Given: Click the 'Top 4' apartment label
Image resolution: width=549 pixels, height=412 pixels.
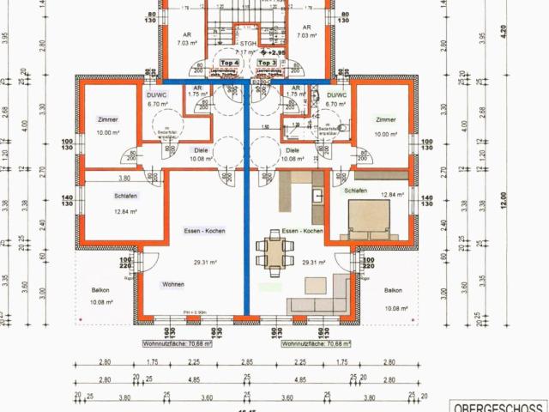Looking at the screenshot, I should pos(229,64).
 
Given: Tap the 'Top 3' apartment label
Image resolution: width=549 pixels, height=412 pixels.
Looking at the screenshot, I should pos(267,64).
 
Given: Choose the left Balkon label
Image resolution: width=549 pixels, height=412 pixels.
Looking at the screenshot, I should pos(100,290).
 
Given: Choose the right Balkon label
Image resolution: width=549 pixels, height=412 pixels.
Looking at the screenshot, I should pos(394,290).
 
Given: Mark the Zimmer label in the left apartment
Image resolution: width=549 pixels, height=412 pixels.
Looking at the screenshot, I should pos(108,120).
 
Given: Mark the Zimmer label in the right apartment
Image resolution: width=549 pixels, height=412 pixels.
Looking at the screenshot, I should pos(386,120).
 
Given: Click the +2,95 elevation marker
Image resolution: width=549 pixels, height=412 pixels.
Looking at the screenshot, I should pos(273,53).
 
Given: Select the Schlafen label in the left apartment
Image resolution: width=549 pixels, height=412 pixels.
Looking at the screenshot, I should pos(125,196).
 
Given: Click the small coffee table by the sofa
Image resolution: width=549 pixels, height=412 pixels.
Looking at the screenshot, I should pos(315,283).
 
